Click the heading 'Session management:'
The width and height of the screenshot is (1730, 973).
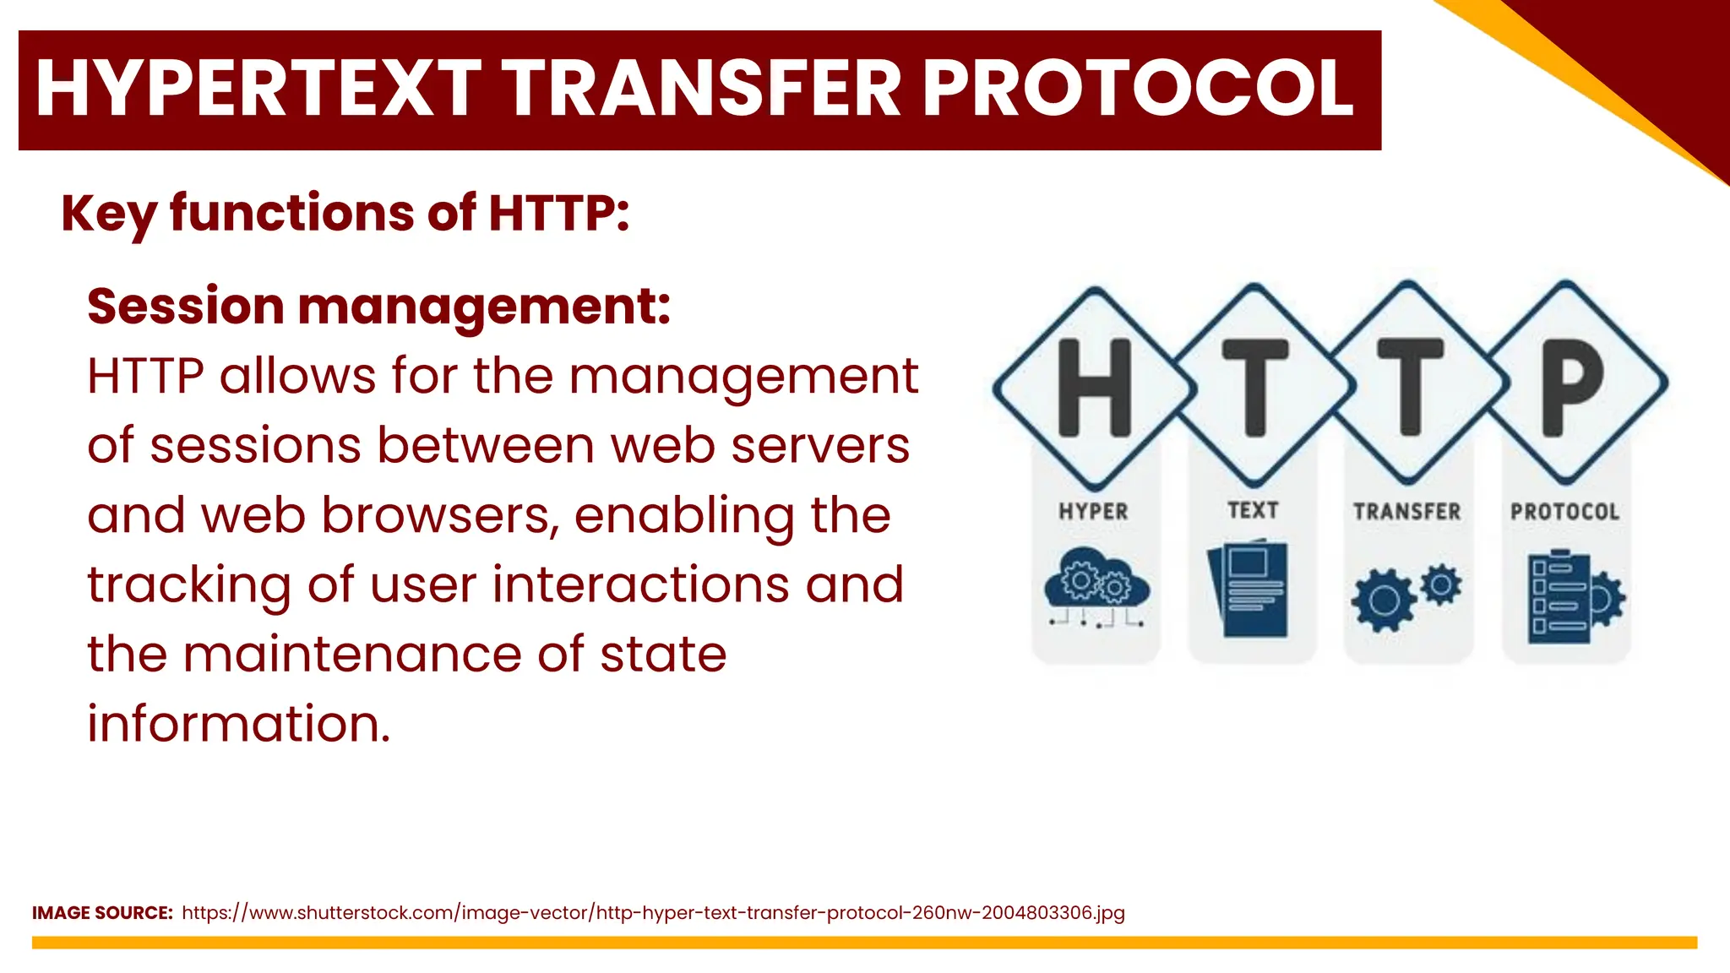379,306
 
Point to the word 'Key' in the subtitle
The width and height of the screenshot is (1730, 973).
108,213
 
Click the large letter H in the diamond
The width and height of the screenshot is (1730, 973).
1094,388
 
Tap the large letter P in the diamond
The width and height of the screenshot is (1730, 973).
1569,386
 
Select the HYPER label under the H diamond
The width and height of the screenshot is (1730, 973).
1093,512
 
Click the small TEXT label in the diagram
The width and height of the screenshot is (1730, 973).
1252,510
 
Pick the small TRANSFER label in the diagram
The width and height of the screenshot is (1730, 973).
1406,512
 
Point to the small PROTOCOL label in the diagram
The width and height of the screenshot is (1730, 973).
1564,512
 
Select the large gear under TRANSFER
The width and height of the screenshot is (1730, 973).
1383,601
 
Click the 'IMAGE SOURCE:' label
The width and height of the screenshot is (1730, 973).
102,913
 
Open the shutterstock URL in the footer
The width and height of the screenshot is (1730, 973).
653,913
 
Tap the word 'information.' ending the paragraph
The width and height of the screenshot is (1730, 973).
239,724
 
